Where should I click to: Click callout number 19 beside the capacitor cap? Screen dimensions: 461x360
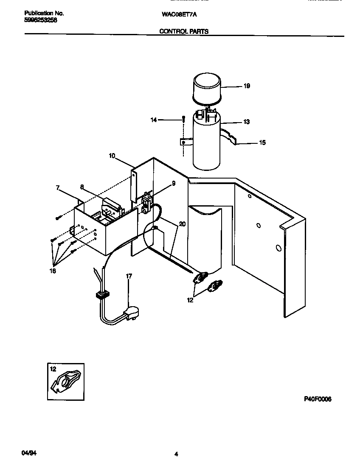(x=247, y=86)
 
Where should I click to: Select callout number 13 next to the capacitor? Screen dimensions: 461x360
(x=246, y=122)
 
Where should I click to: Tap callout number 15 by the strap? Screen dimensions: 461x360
(x=262, y=143)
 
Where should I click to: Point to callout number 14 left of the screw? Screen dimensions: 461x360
(x=153, y=120)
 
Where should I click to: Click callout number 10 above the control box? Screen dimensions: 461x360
(x=112, y=156)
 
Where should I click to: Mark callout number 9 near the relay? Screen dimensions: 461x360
(x=162, y=184)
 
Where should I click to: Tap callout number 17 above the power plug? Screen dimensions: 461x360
(x=129, y=277)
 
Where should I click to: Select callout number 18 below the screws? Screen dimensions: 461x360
(x=53, y=271)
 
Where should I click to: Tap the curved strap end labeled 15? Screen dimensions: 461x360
(x=231, y=140)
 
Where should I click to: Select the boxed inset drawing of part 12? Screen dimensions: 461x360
(x=65, y=381)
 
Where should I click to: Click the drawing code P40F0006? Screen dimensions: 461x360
(x=318, y=399)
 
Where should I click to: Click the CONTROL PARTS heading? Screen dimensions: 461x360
(x=184, y=31)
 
